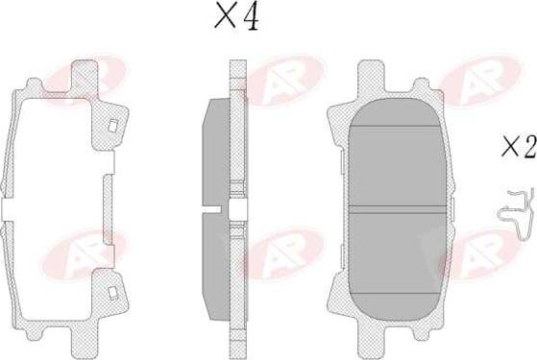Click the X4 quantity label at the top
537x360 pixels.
(x=236, y=17)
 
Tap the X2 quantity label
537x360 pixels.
(x=518, y=147)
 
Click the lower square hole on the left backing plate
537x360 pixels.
(x=112, y=291)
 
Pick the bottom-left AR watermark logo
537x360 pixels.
(x=90, y=252)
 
